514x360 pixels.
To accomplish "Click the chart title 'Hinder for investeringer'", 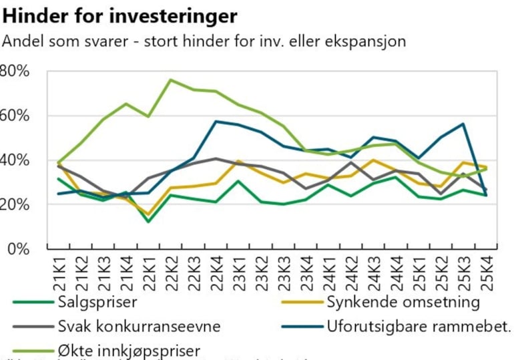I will tap(120, 14).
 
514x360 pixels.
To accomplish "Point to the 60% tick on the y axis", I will tap(15, 115).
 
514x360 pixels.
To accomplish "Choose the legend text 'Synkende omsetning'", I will tap(403, 302).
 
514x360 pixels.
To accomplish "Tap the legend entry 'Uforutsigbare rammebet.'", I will tap(419, 327).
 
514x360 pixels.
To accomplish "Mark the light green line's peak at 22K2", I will tap(171, 79).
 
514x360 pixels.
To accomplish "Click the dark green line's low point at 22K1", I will tap(148, 221).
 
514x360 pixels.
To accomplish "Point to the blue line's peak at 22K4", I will tap(216, 121).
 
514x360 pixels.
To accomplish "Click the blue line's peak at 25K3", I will tap(463, 124).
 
